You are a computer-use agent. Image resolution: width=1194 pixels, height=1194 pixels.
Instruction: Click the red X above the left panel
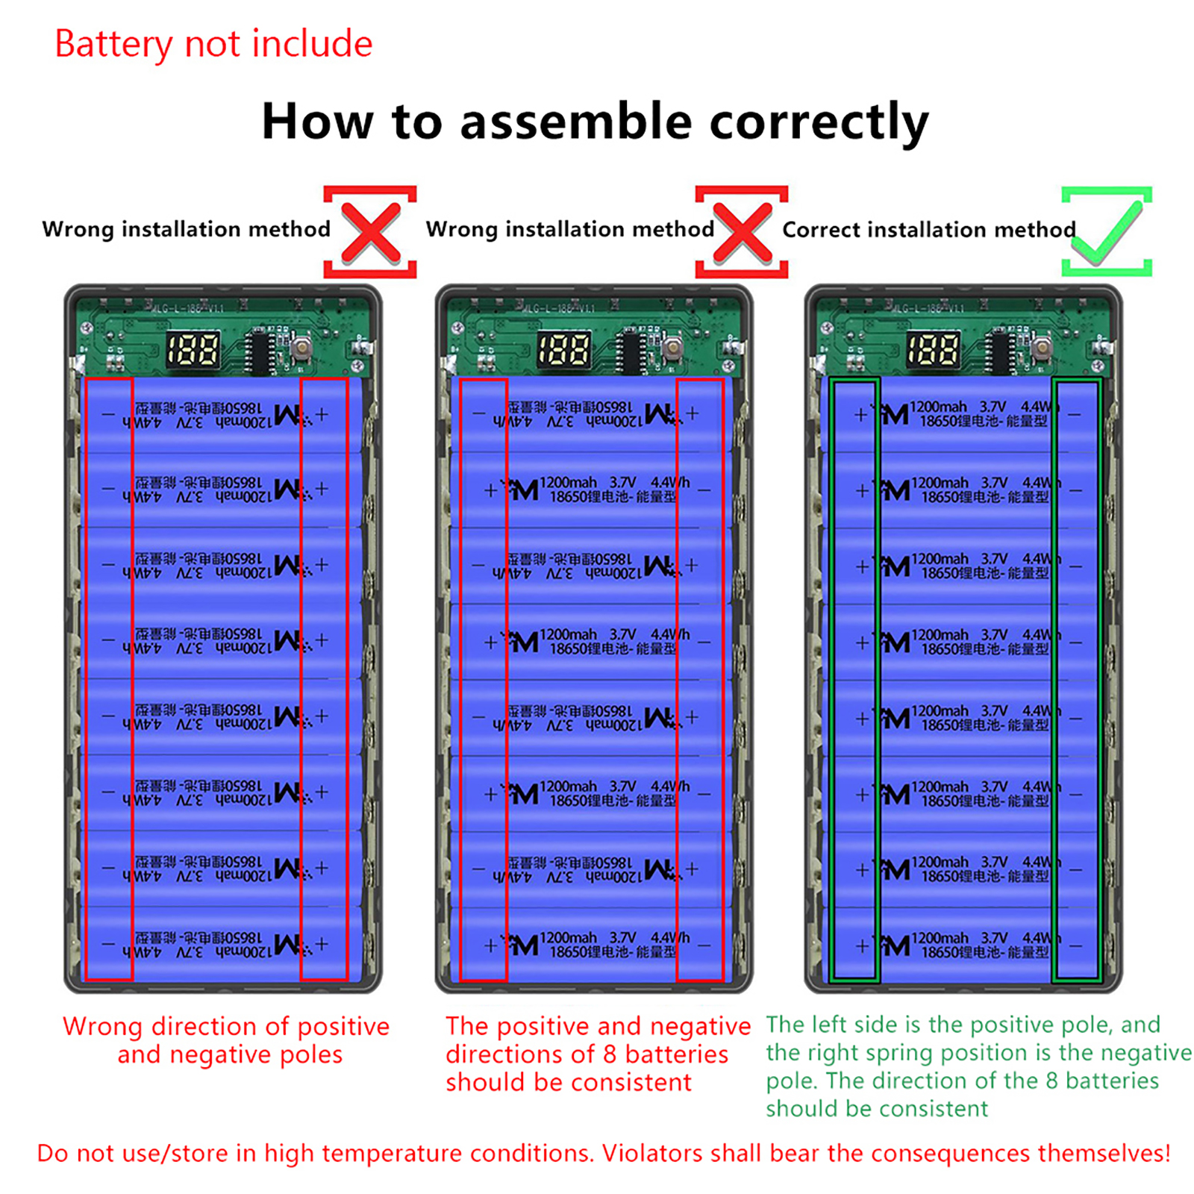click(x=370, y=232)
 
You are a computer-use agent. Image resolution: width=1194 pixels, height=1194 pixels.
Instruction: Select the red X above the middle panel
click(x=742, y=232)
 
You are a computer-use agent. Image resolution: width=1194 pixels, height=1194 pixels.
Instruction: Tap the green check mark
click(x=1107, y=232)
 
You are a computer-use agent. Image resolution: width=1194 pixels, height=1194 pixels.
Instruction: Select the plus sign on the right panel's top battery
click(x=860, y=414)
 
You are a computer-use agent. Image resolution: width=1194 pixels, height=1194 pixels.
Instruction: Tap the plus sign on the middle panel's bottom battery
click(x=490, y=945)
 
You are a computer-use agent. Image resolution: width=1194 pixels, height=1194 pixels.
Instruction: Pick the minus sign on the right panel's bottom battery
click(x=1075, y=945)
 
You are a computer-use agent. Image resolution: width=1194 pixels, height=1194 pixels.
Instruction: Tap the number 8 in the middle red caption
click(x=611, y=1054)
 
